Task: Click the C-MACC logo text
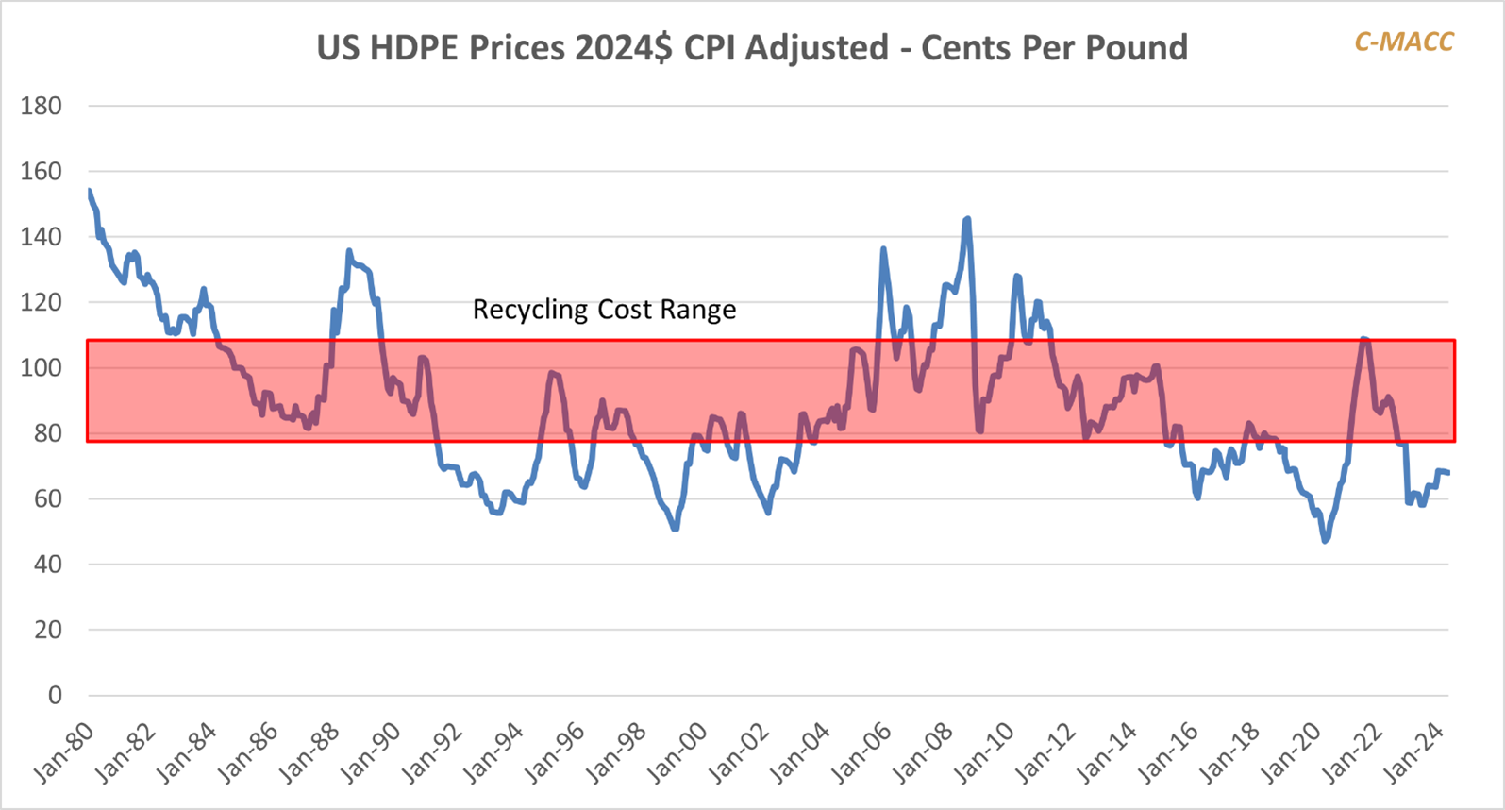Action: (x=1403, y=42)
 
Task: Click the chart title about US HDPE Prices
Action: (x=751, y=47)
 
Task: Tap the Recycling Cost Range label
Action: (x=604, y=310)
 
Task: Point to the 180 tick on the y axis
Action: (x=42, y=106)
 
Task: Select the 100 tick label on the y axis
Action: (x=42, y=367)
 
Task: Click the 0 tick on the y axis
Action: (x=55, y=695)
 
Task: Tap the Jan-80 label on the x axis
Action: (x=64, y=752)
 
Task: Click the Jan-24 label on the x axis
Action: (x=1413, y=752)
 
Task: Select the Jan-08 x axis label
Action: (x=922, y=752)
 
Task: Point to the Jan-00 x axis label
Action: (x=677, y=752)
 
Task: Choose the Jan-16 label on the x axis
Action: (x=1167, y=752)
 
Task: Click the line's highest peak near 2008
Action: (x=967, y=219)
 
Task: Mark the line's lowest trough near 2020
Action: (x=1325, y=541)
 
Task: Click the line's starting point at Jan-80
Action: (x=89, y=192)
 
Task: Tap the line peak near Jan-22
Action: (x=1364, y=338)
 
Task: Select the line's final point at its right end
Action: (x=1448, y=473)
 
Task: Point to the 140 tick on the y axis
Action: (x=42, y=237)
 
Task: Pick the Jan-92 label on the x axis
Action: (x=431, y=752)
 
